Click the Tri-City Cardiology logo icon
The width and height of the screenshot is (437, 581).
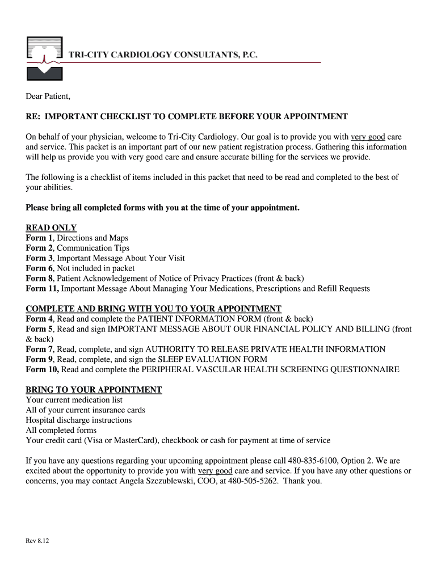click(x=45, y=58)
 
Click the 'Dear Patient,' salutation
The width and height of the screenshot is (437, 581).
click(x=48, y=96)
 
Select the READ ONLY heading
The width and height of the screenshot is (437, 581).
click(x=51, y=228)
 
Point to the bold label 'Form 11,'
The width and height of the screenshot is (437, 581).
click(x=43, y=289)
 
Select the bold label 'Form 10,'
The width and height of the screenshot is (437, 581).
click(x=43, y=369)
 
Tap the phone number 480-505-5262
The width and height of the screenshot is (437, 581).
click(x=251, y=481)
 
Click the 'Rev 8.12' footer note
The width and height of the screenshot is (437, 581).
click(x=37, y=541)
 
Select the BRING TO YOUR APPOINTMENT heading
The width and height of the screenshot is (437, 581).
click(x=94, y=390)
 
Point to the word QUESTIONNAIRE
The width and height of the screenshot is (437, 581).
click(x=363, y=369)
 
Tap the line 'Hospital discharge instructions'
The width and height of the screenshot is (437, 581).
click(x=78, y=420)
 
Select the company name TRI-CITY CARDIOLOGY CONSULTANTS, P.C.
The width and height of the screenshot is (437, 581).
click(x=163, y=54)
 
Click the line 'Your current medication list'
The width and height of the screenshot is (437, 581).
click(x=74, y=400)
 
